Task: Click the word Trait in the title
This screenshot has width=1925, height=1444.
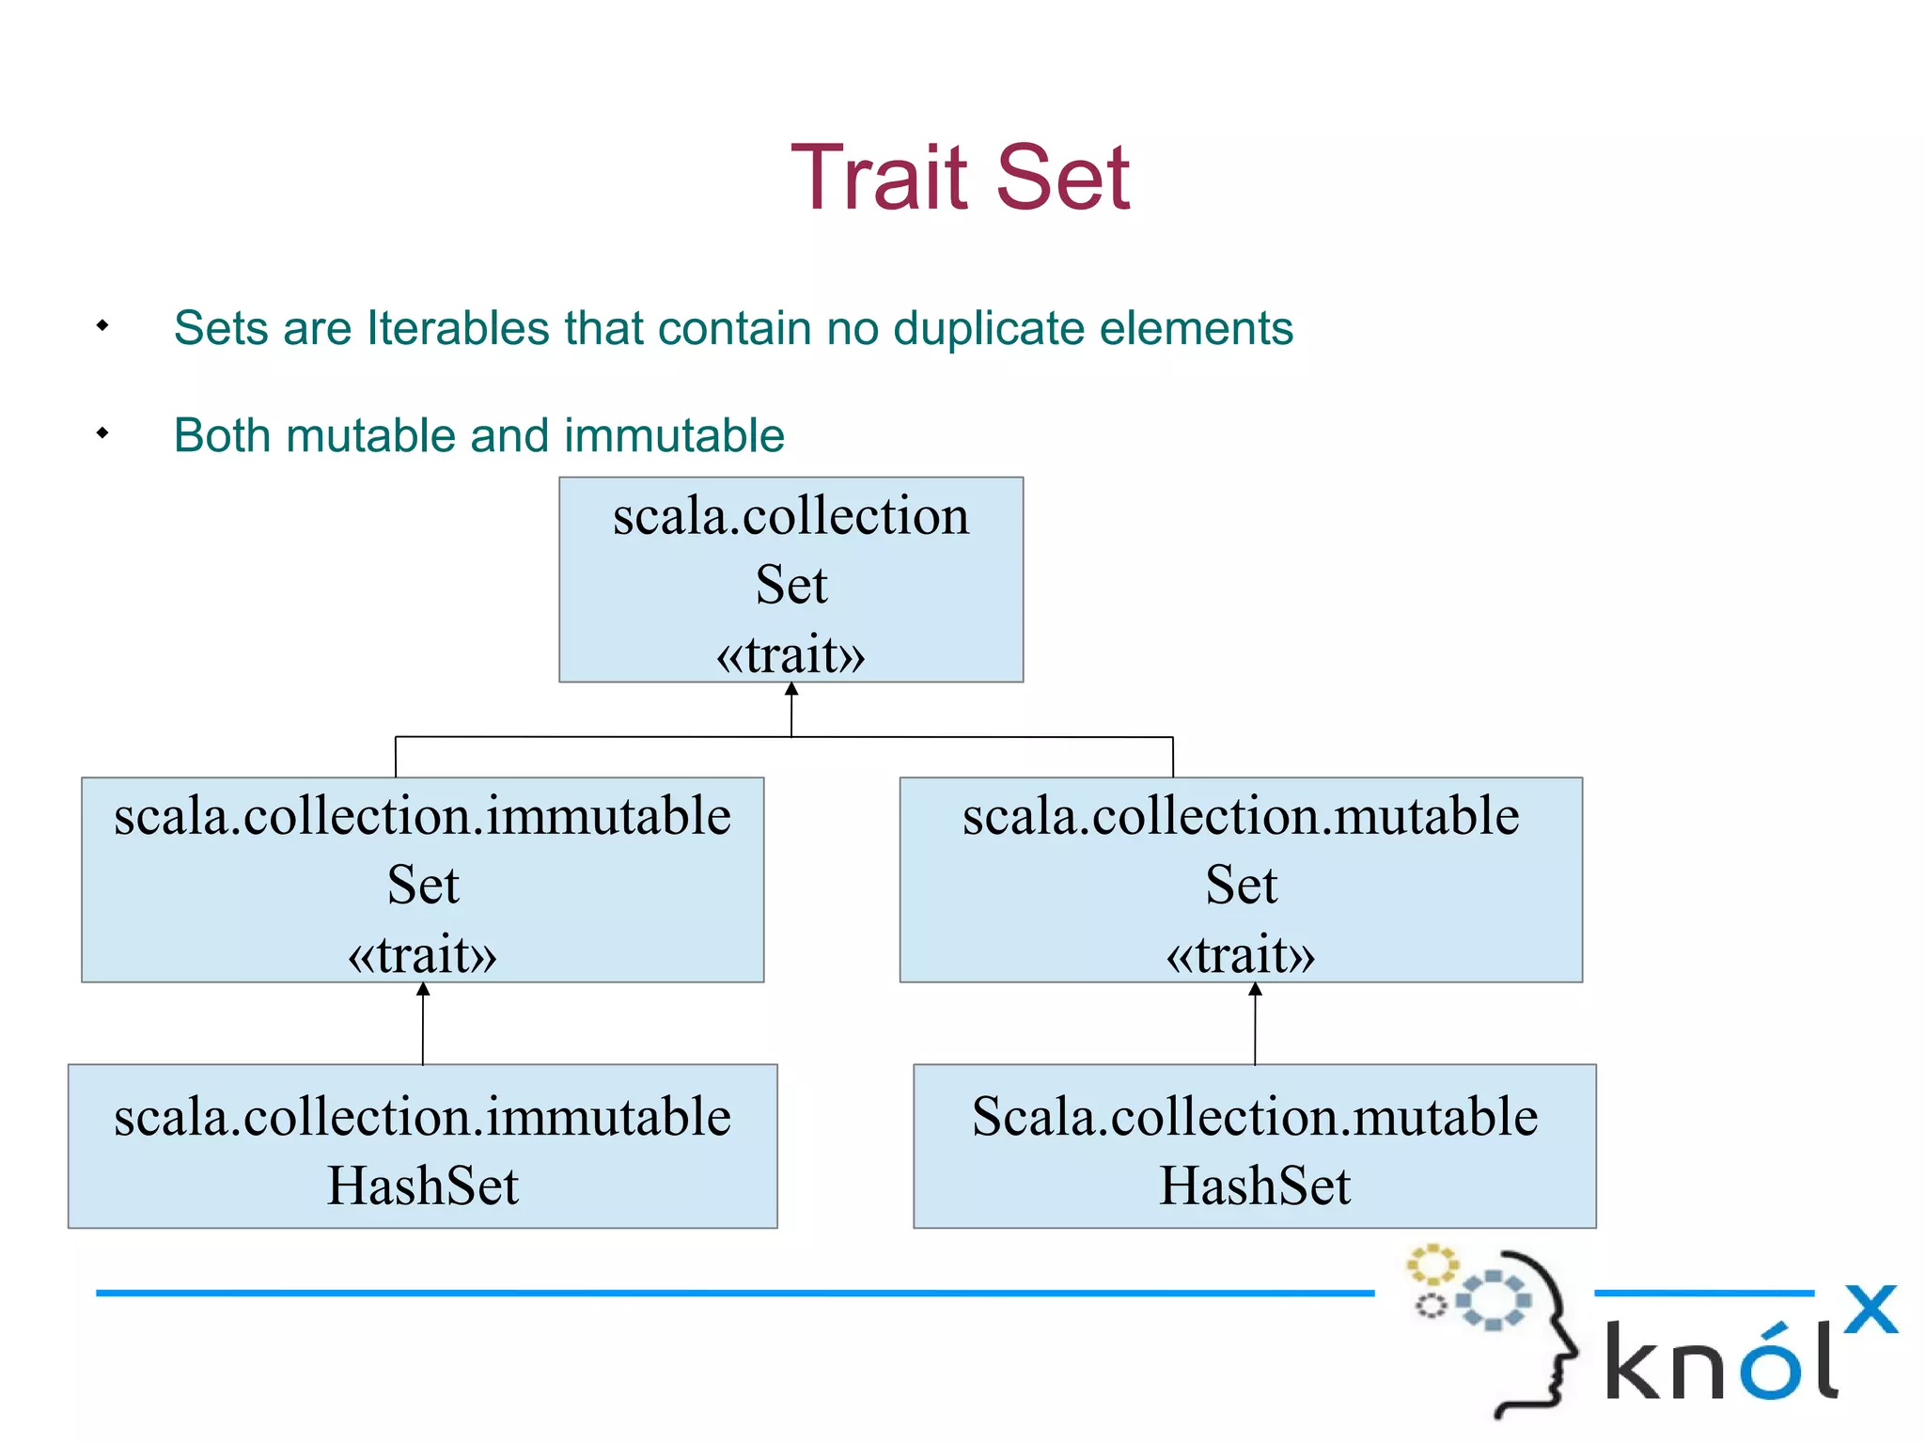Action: tap(879, 178)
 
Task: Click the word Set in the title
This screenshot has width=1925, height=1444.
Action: tap(1062, 178)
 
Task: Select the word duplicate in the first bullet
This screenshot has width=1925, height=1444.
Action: tap(989, 328)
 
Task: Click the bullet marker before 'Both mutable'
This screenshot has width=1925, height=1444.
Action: tap(102, 433)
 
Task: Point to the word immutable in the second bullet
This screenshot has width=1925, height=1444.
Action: tap(674, 436)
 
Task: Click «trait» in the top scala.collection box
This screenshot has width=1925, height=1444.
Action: tap(790, 654)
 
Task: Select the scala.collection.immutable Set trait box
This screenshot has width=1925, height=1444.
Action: tap(422, 879)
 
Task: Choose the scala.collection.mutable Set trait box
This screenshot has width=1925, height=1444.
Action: tap(1241, 879)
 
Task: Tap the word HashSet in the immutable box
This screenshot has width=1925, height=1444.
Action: tap(422, 1185)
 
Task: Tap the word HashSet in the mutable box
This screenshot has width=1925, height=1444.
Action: tap(1254, 1185)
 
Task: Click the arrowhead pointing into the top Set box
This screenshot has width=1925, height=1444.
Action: tap(791, 689)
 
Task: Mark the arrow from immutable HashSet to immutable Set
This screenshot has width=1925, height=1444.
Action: tap(423, 1025)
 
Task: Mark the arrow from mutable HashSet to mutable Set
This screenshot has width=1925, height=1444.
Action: tap(1255, 1025)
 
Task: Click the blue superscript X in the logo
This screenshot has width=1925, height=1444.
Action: tap(1870, 1310)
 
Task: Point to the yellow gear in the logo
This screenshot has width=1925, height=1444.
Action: tap(1432, 1264)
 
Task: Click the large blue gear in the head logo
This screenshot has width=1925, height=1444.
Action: tap(1494, 1300)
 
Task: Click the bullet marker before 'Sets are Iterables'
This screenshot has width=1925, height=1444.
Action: tap(102, 326)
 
